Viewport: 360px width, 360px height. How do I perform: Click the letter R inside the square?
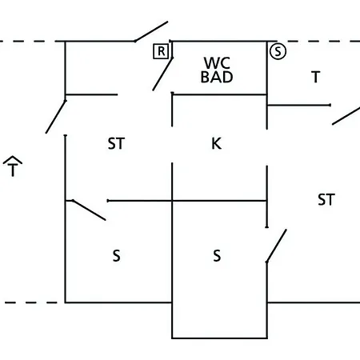(161, 51)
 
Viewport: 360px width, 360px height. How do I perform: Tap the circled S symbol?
(278, 51)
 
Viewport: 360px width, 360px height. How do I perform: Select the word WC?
(217, 63)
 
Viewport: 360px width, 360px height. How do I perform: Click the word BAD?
(217, 77)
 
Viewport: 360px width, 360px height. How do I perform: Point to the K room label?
(216, 143)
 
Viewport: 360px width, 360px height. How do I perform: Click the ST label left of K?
(116, 143)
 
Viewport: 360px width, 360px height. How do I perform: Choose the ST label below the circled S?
(326, 199)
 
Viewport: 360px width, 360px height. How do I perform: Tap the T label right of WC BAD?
(316, 77)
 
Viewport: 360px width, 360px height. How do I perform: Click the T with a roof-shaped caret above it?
(13, 166)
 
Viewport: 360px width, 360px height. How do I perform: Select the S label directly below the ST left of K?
(116, 255)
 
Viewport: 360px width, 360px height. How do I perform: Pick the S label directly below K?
(217, 255)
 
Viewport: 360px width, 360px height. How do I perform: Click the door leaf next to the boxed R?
(162, 74)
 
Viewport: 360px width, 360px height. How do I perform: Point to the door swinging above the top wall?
(151, 31)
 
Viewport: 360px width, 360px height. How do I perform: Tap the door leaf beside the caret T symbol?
(56, 117)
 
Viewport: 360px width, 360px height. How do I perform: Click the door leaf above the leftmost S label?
(89, 210)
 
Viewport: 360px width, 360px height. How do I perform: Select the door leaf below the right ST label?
(277, 246)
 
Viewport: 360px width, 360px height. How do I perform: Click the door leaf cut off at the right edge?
(346, 116)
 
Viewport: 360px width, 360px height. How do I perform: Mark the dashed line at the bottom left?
(30, 302)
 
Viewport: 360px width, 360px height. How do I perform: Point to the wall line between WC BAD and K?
(219, 94)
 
